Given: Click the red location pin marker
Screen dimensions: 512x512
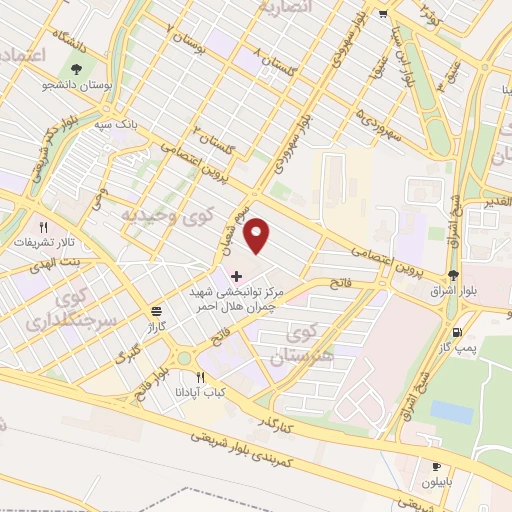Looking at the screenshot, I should tap(258, 236).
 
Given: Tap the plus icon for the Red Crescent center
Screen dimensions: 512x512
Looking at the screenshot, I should tap(236, 276).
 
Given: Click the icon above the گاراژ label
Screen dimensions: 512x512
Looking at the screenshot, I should tap(154, 311).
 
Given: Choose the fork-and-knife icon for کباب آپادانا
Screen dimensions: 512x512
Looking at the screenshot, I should tap(200, 378).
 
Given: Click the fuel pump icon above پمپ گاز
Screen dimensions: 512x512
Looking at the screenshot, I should tap(458, 333).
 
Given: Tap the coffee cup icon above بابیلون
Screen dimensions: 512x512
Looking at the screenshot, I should tap(436, 467).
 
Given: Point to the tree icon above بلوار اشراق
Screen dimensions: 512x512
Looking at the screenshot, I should tap(454, 274).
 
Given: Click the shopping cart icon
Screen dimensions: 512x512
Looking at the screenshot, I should tap(383, 13).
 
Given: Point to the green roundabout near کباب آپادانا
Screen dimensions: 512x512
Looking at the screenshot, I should tap(181, 357).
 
